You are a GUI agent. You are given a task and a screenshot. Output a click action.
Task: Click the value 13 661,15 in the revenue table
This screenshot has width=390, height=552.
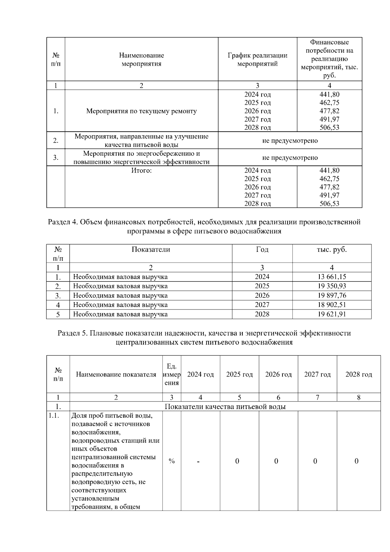click(x=331, y=277)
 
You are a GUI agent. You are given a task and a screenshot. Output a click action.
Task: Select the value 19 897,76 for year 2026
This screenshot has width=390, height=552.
click(x=331, y=296)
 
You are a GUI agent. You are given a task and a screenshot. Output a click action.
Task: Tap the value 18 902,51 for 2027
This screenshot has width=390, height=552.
click(x=331, y=305)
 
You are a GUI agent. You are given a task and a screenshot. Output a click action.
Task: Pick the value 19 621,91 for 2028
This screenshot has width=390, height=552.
click(x=331, y=314)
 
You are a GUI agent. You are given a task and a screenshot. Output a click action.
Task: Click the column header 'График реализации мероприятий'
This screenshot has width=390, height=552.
click(x=257, y=59)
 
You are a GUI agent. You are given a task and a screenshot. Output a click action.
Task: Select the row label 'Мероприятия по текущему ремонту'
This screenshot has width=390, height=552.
click(x=141, y=111)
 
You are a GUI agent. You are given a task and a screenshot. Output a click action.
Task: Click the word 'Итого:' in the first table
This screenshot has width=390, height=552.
click(x=141, y=171)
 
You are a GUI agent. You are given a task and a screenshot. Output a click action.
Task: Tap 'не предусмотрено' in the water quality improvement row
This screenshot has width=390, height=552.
click(x=290, y=141)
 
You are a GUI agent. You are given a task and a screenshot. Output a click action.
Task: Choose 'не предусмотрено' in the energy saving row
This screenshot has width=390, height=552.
click(x=290, y=158)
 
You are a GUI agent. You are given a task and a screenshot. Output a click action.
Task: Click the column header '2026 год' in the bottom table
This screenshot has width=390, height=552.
click(x=278, y=375)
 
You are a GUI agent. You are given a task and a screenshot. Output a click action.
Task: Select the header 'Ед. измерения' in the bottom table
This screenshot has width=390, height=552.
click(x=172, y=375)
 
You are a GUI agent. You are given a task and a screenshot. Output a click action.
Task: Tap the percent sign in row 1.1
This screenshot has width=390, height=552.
click(x=172, y=461)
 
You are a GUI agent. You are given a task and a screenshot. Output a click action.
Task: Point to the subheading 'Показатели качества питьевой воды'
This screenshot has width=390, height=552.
click(x=225, y=407)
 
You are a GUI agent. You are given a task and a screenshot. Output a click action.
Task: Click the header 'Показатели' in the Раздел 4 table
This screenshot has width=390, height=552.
click(x=151, y=250)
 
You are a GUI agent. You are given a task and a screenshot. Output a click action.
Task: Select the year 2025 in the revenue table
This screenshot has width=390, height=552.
click(x=262, y=286)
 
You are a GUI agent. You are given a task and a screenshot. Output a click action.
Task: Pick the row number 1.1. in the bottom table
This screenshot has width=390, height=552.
click(x=54, y=415)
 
